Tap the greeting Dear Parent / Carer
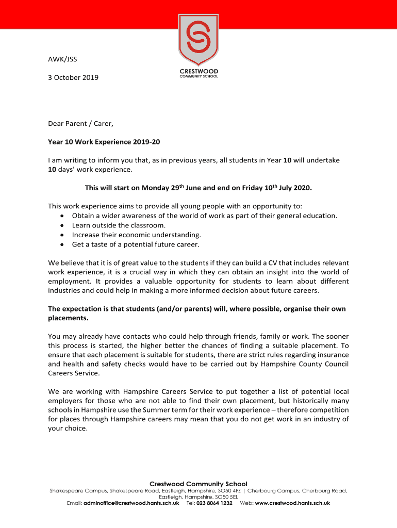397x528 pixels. [x=80, y=123]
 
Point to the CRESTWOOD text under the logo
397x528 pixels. [x=198, y=71]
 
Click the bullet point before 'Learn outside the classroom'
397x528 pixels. [x=62, y=225]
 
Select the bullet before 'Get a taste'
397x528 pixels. [x=62, y=244]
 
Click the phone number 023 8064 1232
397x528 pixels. [x=214, y=503]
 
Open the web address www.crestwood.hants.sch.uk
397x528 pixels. [x=292, y=503]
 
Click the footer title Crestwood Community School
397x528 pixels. [x=198, y=484]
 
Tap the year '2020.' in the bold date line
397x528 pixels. [x=302, y=188]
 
